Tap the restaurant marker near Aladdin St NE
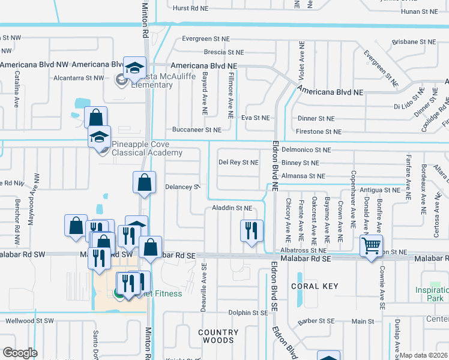(252, 230)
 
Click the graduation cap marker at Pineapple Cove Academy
(100, 137)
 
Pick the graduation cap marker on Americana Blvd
(135, 68)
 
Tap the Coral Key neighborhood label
(315, 286)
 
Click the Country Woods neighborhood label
(218, 336)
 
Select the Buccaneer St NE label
(197, 130)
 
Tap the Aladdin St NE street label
(232, 208)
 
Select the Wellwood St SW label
(28, 321)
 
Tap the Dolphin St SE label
(247, 313)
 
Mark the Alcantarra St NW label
(79, 77)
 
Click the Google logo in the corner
(20, 353)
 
